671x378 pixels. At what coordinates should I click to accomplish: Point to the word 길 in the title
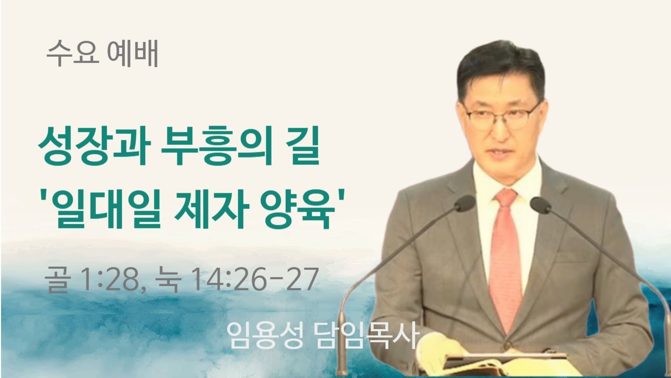303,151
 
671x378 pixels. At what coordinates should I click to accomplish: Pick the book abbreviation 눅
168,280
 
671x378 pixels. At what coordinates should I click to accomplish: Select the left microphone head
464,203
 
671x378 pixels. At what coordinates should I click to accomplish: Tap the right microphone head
540,205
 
